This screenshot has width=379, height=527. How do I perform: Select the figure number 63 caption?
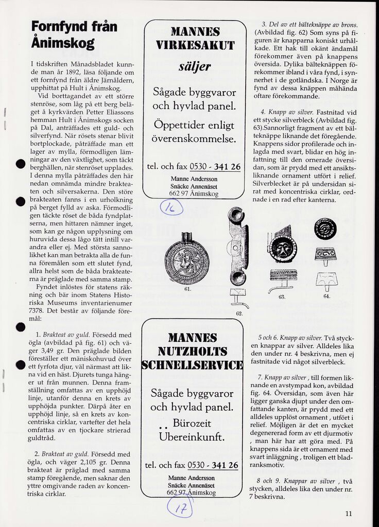(x=282, y=297)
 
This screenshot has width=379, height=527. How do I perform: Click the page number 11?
(x=349, y=513)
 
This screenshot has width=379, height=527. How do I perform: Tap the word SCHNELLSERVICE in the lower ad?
(x=192, y=365)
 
